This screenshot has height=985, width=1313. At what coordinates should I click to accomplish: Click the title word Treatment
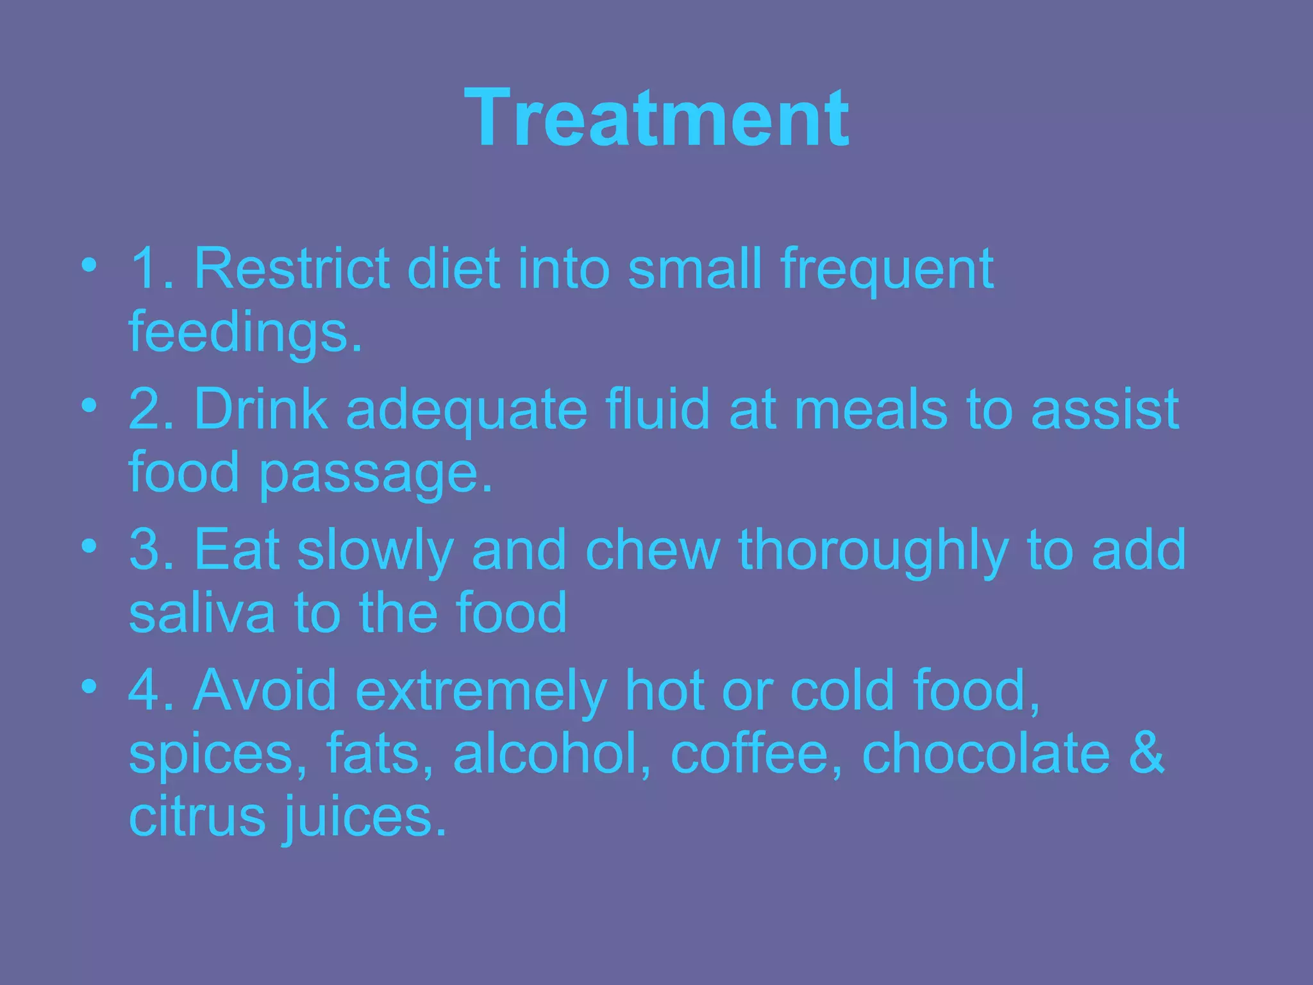(656, 119)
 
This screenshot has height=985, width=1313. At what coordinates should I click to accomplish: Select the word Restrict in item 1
(292, 268)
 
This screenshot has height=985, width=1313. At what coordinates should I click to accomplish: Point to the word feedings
(246, 333)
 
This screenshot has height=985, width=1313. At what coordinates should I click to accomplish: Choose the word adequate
(466, 410)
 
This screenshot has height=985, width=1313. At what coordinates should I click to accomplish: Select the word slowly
(375, 550)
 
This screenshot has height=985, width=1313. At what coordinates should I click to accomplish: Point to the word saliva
(201, 613)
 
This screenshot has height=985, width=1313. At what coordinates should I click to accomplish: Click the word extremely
(480, 691)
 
